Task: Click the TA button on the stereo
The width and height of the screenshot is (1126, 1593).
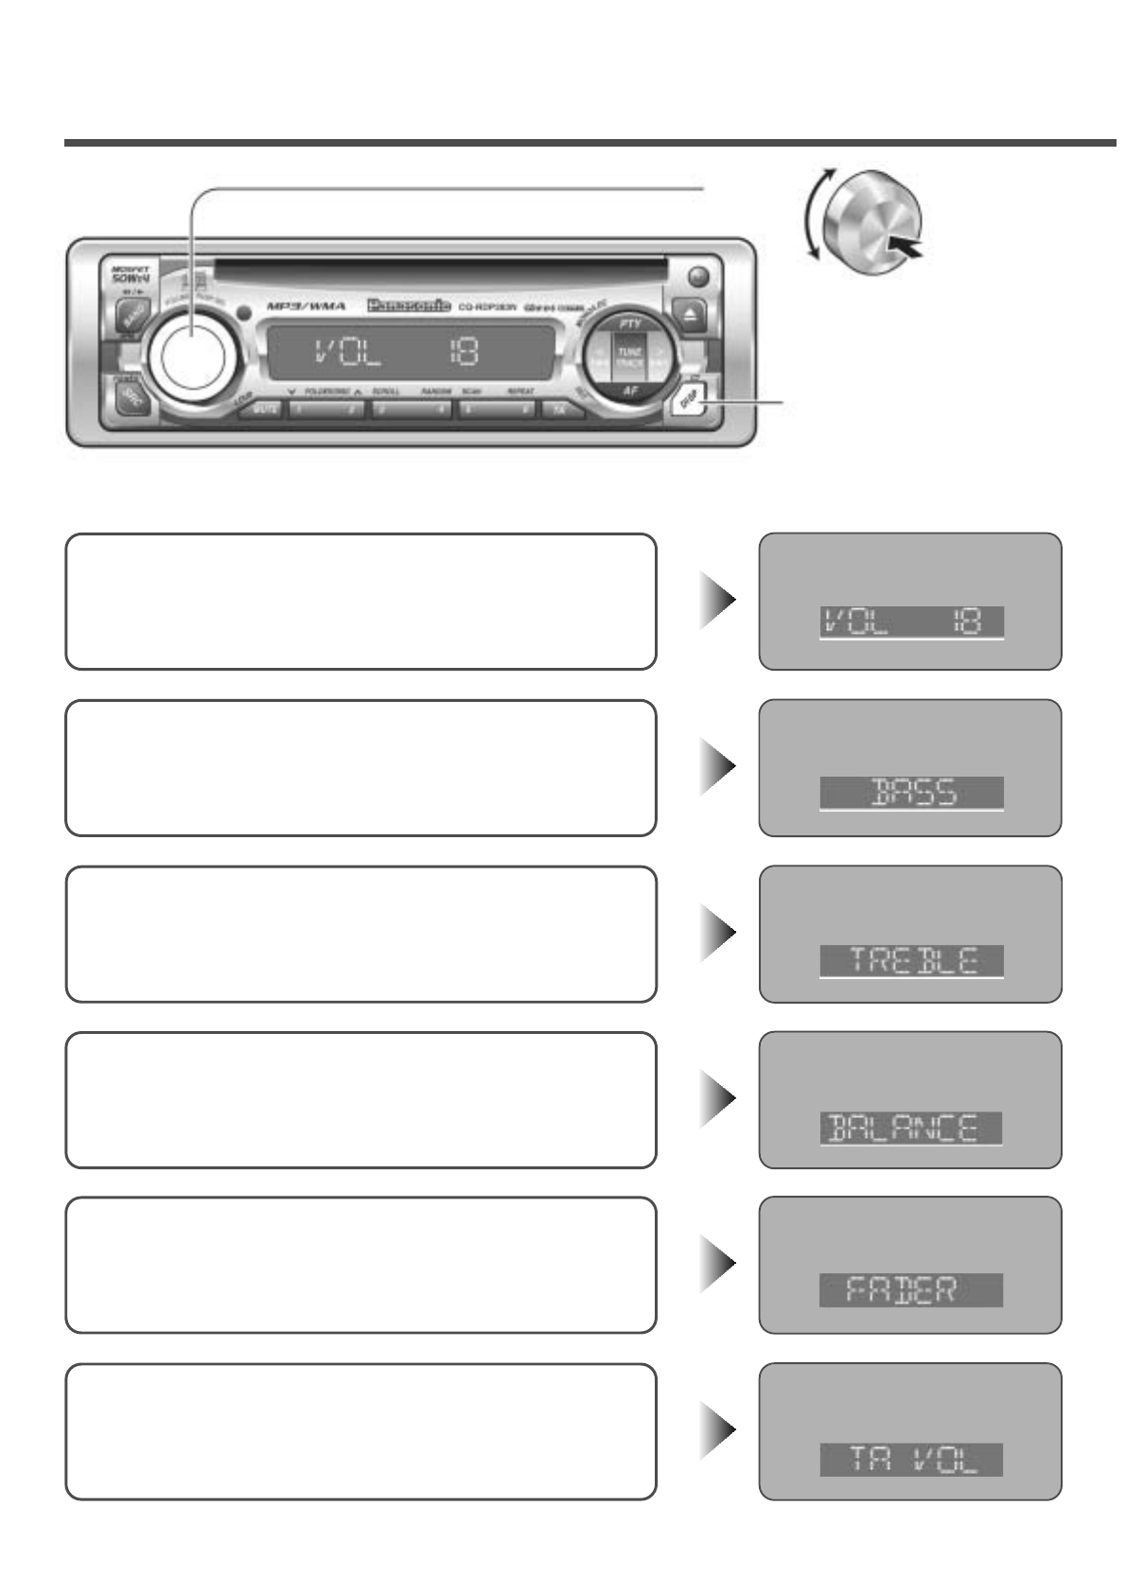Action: tap(560, 410)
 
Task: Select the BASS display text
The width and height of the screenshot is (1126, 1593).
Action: tap(911, 793)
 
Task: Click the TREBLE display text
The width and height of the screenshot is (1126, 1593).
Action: tap(911, 960)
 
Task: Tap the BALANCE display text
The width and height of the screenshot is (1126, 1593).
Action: tap(911, 1128)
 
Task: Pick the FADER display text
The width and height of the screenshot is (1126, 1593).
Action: tap(911, 1290)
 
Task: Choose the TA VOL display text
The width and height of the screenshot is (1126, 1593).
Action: tap(911, 1459)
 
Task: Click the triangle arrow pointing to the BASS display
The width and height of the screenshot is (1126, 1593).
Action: tap(718, 766)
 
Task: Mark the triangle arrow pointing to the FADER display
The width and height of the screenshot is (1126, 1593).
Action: tap(718, 1264)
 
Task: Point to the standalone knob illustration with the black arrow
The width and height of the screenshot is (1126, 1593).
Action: tap(871, 222)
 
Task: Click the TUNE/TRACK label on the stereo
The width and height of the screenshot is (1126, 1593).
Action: tap(629, 357)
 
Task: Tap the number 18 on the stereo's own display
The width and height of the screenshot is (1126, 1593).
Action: tap(463, 353)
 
